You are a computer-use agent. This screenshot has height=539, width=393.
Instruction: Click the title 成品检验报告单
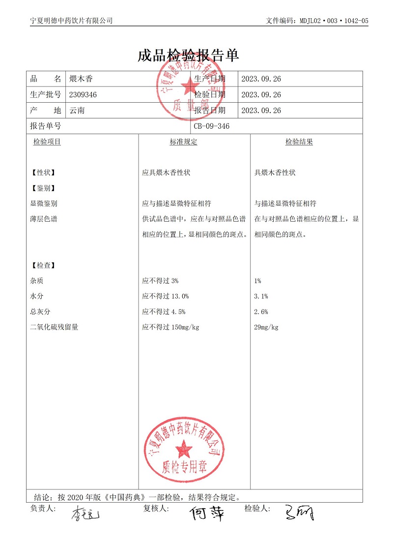pyautogui.click(x=188, y=56)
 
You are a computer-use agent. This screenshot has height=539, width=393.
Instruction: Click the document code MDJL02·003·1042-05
pyautogui.click(x=317, y=21)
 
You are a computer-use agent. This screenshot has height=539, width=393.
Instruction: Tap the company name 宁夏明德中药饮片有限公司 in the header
pyautogui.click(x=72, y=21)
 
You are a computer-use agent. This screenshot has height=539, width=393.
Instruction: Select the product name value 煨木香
pyautogui.click(x=81, y=79)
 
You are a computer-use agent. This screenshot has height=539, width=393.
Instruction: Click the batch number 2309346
pyautogui.click(x=84, y=95)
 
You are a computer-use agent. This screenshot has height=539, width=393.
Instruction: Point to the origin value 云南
pyautogui.click(x=77, y=111)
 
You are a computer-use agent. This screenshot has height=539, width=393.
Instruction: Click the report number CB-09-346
pyautogui.click(x=211, y=126)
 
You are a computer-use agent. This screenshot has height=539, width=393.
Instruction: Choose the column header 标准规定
pyautogui.click(x=183, y=142)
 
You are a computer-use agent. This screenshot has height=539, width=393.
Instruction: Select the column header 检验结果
pyautogui.click(x=299, y=142)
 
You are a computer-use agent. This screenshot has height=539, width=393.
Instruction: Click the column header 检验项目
pyautogui.click(x=47, y=142)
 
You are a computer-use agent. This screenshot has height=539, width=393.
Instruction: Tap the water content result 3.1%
pyautogui.click(x=261, y=296)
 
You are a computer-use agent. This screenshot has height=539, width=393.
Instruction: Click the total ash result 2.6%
pyautogui.click(x=261, y=312)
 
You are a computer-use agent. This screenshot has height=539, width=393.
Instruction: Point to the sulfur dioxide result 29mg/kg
pyautogui.click(x=266, y=327)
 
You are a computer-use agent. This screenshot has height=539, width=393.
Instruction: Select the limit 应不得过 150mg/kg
pyautogui.click(x=170, y=327)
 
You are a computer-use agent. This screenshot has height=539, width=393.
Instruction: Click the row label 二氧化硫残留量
pyautogui.click(x=54, y=327)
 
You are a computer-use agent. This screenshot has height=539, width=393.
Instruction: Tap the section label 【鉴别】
pyautogui.click(x=43, y=188)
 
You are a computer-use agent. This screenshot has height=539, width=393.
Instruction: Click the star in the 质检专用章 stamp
pyautogui.click(x=185, y=449)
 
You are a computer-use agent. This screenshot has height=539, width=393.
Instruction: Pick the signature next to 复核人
pyautogui.click(x=207, y=513)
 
